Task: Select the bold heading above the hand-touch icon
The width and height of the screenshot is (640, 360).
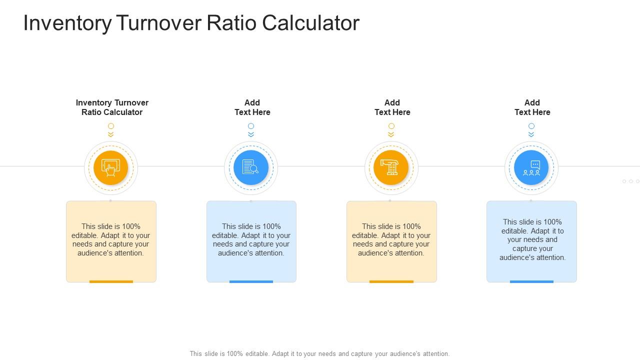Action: pos(112,107)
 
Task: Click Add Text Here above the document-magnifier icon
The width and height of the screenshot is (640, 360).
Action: pos(252,107)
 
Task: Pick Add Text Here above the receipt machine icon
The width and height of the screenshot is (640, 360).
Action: pos(392,107)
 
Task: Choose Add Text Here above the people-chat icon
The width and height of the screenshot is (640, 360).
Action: pos(532,107)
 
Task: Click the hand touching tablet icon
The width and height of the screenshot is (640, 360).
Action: pos(111,167)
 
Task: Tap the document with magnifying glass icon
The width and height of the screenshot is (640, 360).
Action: pos(250,167)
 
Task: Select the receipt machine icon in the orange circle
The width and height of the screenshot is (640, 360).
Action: pos(391,167)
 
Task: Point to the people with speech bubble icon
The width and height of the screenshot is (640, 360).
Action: pos(531,167)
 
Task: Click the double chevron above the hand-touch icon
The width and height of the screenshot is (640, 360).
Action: pos(111,134)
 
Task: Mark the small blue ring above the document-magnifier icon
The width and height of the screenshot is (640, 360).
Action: pos(251,126)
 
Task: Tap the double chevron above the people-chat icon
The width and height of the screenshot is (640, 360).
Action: pos(531,134)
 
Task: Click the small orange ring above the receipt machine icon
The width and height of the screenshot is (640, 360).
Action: pos(391,126)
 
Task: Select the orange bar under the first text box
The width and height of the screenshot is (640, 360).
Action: pos(111,281)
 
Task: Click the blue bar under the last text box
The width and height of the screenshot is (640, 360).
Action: pos(531,281)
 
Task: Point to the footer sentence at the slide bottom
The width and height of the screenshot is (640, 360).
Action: pos(319,353)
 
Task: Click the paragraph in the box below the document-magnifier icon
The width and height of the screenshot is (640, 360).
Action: pos(251,239)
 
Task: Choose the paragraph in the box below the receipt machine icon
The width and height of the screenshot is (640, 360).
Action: pos(391,239)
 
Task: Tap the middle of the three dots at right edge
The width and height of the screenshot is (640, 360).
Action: pos(631,181)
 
